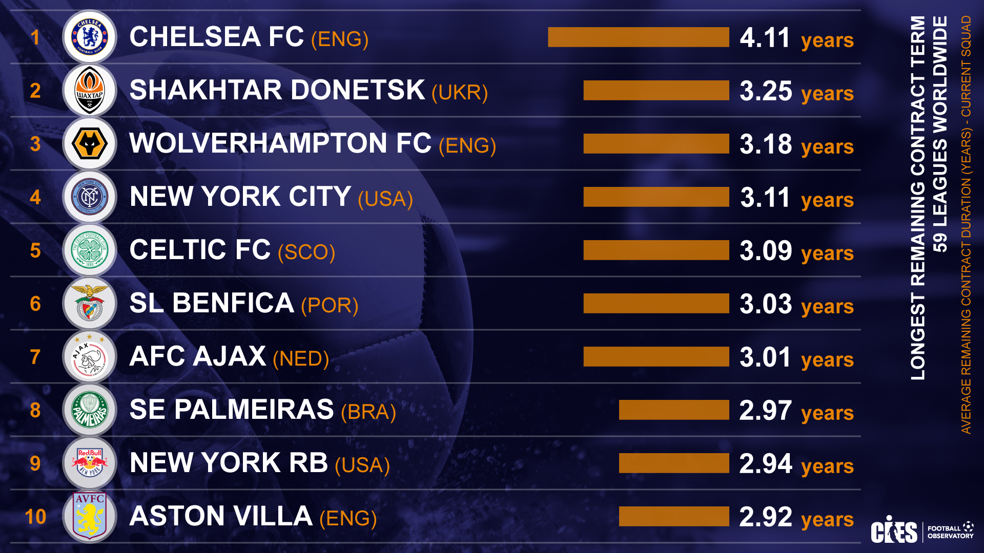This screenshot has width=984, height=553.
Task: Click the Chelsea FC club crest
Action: (90, 37)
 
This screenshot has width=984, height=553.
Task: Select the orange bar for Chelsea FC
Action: (638, 37)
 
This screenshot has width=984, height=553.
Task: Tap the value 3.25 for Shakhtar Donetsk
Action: (766, 91)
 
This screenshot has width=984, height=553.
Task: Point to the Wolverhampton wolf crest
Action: (90, 144)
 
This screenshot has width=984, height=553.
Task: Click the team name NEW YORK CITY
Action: (240, 197)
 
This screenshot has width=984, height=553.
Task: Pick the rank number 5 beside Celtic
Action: (35, 250)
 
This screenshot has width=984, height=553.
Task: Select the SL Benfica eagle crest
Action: (90, 303)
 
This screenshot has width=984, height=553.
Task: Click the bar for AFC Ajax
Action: (656, 357)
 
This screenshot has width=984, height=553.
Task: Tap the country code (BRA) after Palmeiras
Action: (368, 412)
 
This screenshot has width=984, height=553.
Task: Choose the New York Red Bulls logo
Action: (90, 463)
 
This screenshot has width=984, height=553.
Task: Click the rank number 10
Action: (35, 517)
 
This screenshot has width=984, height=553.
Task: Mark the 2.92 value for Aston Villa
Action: (766, 517)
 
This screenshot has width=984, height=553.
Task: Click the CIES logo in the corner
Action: (894, 530)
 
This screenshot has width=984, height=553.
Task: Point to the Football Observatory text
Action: (950, 532)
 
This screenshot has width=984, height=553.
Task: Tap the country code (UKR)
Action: (460, 93)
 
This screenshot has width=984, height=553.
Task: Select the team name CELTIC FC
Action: (200, 250)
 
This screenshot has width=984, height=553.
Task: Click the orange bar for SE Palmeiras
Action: (674, 410)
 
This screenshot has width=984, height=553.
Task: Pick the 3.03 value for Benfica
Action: (766, 304)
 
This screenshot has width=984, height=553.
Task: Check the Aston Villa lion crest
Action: (90, 516)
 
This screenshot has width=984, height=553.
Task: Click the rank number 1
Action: (35, 37)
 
